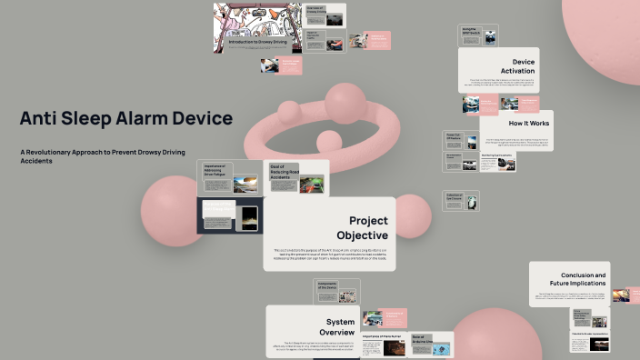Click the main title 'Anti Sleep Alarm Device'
pos(125,118)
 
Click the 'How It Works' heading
pos(529,122)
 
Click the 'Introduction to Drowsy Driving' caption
pos(254,42)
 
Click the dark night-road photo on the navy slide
pos(247,218)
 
